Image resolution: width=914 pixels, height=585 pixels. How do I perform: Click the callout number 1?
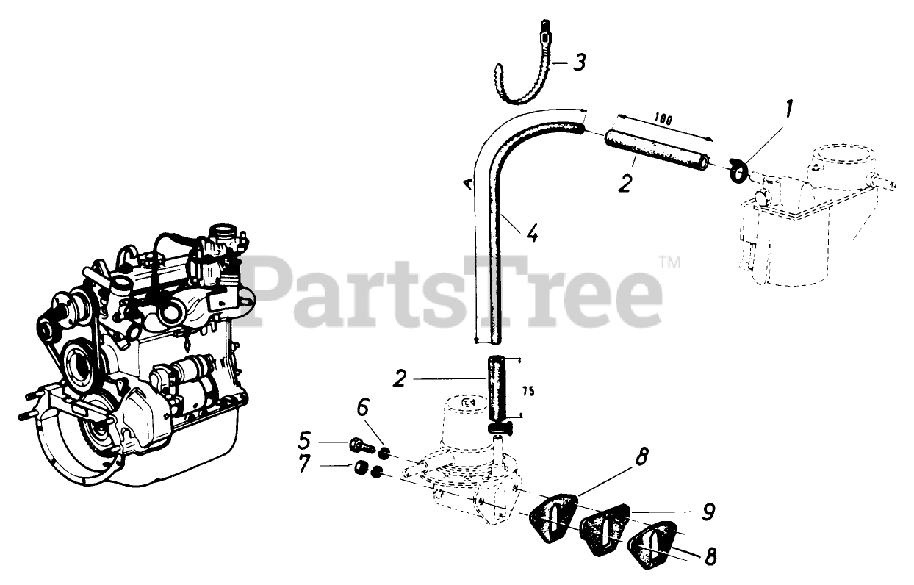[x=788, y=111]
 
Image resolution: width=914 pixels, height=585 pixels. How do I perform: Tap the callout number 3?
[x=580, y=63]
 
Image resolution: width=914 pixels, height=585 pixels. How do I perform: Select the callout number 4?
[x=532, y=236]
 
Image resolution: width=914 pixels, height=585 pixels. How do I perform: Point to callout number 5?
[x=304, y=441]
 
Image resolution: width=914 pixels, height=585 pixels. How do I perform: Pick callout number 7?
[x=304, y=464]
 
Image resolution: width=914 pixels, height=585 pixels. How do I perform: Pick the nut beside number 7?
[x=359, y=467]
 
